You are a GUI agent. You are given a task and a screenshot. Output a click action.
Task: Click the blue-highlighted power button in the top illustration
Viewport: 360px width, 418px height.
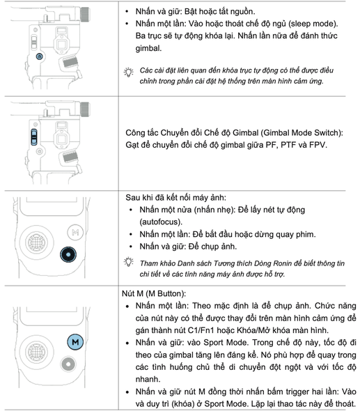pos(39,54)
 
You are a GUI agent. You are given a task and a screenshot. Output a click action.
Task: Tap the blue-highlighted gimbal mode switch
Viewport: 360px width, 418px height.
pos(33,136)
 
